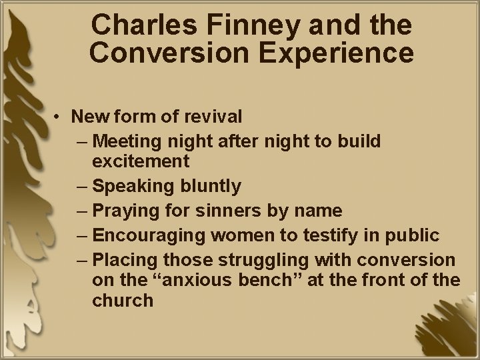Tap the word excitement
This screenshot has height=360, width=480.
tap(141, 161)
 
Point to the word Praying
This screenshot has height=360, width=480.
tap(123, 211)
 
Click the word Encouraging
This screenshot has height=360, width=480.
tap(146, 235)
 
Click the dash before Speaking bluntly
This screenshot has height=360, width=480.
tap(83, 186)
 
